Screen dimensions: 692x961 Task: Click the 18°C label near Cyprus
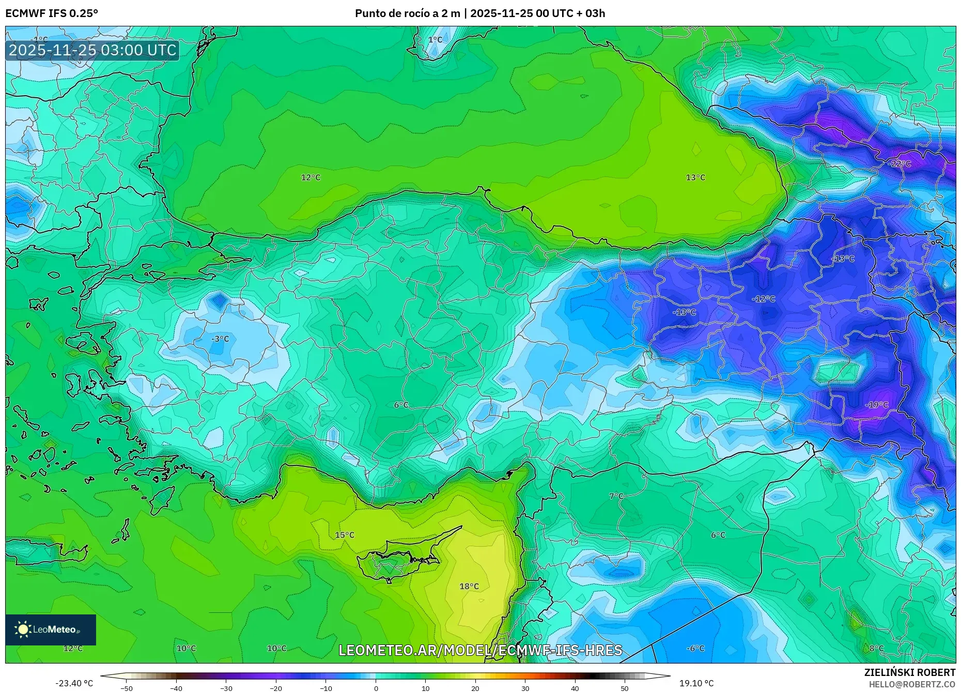(x=469, y=586)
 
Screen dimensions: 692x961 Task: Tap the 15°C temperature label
(x=345, y=535)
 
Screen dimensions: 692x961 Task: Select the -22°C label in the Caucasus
(x=900, y=163)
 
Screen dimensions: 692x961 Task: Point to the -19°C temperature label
(x=877, y=404)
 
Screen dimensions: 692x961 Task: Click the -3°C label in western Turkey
(x=220, y=339)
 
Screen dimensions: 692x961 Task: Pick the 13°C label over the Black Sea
(x=695, y=177)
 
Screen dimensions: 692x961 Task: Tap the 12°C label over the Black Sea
(x=311, y=177)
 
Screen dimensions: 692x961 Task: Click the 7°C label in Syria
(x=616, y=496)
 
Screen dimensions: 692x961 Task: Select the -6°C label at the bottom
(x=695, y=648)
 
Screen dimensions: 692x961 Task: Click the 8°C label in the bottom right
(x=876, y=648)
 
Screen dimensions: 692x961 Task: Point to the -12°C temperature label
(x=763, y=299)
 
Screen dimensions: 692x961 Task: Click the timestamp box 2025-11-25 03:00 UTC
(x=92, y=50)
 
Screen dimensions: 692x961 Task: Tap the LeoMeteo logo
(x=51, y=629)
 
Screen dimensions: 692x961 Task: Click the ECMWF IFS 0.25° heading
(x=52, y=13)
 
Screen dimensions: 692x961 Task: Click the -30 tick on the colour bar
(x=226, y=688)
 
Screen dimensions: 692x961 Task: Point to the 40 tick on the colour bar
(x=575, y=688)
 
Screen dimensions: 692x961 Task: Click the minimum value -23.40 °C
(x=74, y=683)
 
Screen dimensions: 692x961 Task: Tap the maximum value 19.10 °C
(x=696, y=683)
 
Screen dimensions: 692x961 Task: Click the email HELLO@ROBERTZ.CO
(x=911, y=684)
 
